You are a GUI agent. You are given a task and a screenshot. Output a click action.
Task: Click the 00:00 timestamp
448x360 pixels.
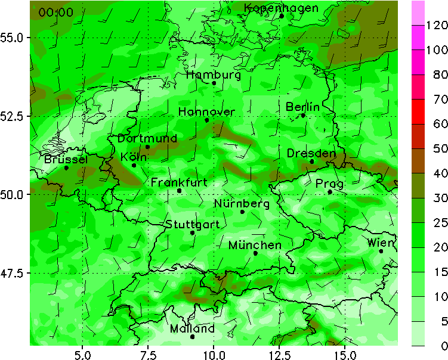[x=56, y=13]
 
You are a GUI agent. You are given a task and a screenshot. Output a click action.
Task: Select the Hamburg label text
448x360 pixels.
[x=214, y=75]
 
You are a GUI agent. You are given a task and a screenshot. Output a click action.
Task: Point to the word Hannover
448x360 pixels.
[x=206, y=112]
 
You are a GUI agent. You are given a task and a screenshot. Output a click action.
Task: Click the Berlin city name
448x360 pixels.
[x=302, y=107]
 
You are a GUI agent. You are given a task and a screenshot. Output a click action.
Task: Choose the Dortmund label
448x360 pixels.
[x=147, y=138]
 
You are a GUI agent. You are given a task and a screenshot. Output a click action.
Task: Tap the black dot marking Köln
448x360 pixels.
[x=134, y=165]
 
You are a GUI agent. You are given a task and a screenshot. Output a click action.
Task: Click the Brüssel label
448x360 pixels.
[x=66, y=160]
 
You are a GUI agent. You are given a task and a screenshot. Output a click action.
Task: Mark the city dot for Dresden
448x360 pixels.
[x=312, y=162]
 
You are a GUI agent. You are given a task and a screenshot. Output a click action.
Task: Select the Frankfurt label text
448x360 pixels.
[x=179, y=182]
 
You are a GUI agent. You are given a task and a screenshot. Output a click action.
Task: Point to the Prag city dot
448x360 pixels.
[x=330, y=192]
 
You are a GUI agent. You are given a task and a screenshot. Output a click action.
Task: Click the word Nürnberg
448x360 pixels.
[x=242, y=204]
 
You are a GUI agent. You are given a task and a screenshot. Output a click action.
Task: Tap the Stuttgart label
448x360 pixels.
[x=192, y=225]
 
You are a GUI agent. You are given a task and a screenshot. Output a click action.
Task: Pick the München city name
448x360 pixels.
[x=255, y=245]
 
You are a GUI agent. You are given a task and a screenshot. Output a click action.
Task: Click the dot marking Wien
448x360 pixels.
[x=381, y=251]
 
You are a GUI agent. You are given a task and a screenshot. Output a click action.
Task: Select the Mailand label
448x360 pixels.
[x=192, y=329]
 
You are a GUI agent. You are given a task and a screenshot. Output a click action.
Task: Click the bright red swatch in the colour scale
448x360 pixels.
[x=418, y=111]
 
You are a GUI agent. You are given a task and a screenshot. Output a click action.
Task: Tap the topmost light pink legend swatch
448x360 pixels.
[x=418, y=13]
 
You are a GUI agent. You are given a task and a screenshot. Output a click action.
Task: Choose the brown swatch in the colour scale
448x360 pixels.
[x=418, y=161]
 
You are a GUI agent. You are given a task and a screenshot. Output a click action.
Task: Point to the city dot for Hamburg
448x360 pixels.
[x=214, y=83]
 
